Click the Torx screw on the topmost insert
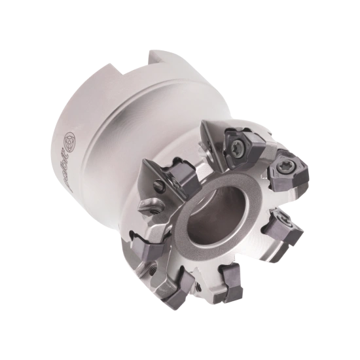pyautogui.click(x=234, y=139)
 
